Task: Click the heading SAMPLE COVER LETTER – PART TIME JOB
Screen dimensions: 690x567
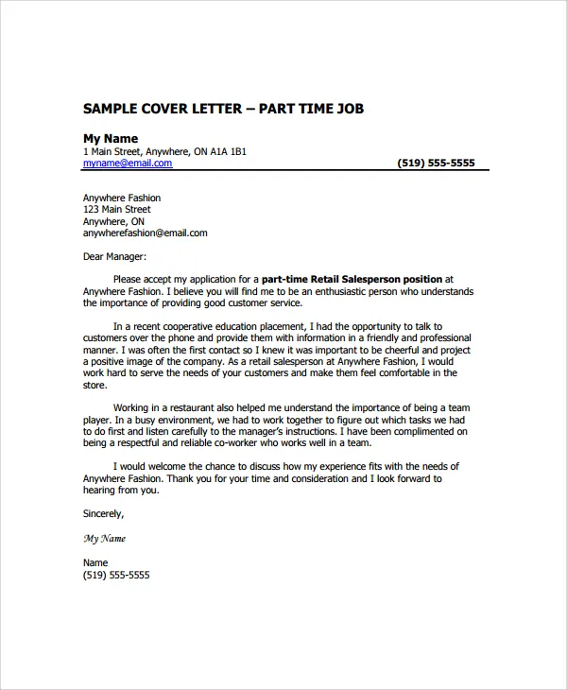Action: tap(223, 109)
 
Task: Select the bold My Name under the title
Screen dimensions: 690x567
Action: tap(111, 138)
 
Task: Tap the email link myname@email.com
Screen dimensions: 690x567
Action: tap(128, 163)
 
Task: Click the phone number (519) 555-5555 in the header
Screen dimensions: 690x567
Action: tap(436, 163)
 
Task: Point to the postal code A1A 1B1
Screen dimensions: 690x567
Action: tap(227, 151)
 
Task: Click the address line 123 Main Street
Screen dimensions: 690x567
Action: tap(116, 209)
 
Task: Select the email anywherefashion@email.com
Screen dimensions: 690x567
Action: tap(145, 233)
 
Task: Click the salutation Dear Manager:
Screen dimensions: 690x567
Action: tap(115, 256)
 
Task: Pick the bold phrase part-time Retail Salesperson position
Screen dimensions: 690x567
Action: tap(352, 280)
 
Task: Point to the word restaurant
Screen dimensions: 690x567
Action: tap(189, 407)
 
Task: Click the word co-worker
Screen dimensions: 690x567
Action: tap(261, 442)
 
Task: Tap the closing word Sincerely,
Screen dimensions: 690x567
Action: tap(103, 514)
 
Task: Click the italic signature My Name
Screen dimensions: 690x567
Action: tap(104, 539)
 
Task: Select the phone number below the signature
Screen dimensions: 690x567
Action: tap(116, 575)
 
